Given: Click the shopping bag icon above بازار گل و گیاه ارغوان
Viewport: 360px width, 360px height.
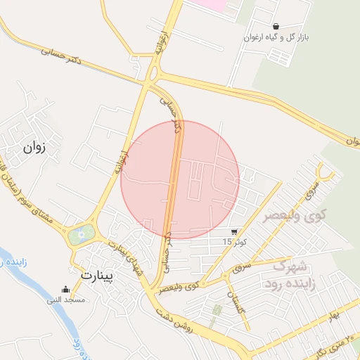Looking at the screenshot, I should (276, 26).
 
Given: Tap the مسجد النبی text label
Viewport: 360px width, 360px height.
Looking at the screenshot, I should (66, 300).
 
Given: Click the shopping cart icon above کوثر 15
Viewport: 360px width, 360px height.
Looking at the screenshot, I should (234, 231).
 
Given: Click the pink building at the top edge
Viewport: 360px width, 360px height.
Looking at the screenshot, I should (212, 4).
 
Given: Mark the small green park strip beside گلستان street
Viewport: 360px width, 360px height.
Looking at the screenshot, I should (217, 310).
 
